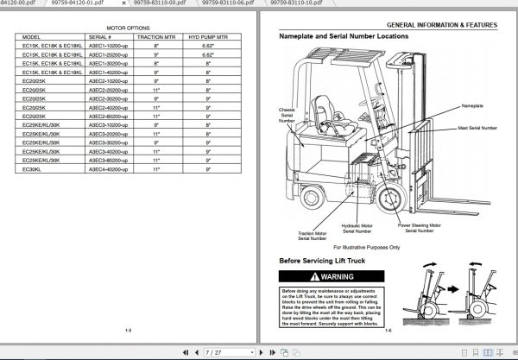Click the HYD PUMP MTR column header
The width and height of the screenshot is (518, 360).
click(209, 38)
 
